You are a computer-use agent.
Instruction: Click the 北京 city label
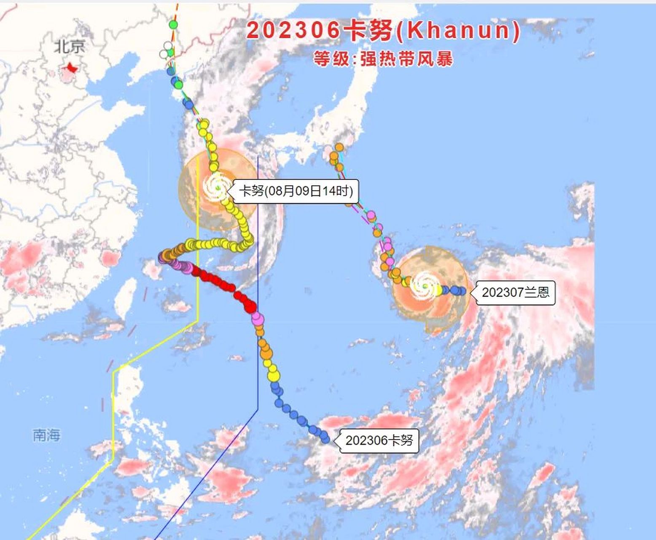(x=70, y=46)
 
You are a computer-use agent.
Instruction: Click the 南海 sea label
(x=46, y=435)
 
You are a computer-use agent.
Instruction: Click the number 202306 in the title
(x=293, y=30)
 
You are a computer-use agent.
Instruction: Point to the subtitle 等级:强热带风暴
(x=383, y=59)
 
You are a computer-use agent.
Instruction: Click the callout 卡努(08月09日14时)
(x=296, y=191)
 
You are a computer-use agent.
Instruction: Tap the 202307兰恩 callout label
(x=516, y=292)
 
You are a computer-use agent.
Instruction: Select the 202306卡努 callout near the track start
(x=379, y=440)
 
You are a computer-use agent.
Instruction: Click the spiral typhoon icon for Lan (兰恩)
(x=425, y=286)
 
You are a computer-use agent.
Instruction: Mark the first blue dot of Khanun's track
(x=325, y=439)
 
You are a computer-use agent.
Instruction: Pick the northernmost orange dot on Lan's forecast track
(x=339, y=147)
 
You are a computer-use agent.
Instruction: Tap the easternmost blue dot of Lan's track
(x=462, y=290)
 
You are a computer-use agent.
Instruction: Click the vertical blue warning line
(x=258, y=253)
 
